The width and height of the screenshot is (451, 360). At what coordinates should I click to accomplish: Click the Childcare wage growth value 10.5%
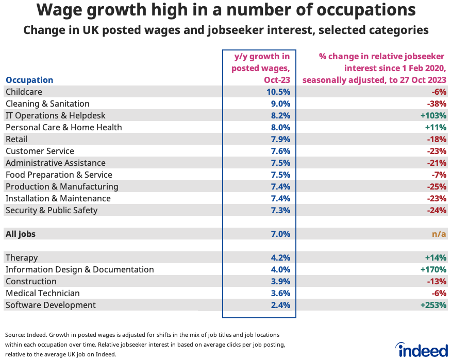(x=278, y=92)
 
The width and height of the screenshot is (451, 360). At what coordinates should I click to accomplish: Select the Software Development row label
(x=51, y=305)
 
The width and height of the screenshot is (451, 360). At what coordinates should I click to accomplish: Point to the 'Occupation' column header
(x=29, y=80)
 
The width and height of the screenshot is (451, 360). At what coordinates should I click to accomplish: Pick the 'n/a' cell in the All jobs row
(x=439, y=234)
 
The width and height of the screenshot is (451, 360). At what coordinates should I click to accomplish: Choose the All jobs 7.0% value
(x=280, y=234)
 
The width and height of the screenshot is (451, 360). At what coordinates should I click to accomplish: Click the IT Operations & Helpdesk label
(x=55, y=115)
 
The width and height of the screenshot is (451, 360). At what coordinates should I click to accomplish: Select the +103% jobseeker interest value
(x=432, y=115)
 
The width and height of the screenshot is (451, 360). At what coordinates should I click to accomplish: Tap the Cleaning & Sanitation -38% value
(x=437, y=104)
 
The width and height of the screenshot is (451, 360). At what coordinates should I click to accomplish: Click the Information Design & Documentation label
(x=79, y=269)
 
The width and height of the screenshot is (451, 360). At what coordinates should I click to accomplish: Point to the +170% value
(x=432, y=269)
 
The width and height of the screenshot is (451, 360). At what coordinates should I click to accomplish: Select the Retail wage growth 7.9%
(x=280, y=139)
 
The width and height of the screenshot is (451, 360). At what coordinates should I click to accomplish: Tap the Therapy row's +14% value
(x=435, y=258)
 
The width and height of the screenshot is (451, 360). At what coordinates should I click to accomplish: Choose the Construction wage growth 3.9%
(x=280, y=281)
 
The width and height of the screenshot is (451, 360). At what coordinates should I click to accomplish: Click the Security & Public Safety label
(x=51, y=210)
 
